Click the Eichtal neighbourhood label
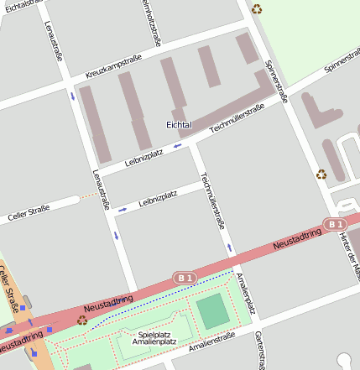pyautogui.click(x=179, y=125)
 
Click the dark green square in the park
pyautogui.click(x=212, y=311)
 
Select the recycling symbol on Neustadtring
pyautogui.click(x=82, y=320)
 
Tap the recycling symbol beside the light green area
pyautogui.click(x=257, y=9)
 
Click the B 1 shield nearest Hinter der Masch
pyautogui.click(x=335, y=224)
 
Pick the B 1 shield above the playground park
pyautogui.click(x=184, y=277)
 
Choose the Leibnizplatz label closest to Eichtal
pyautogui.click(x=145, y=155)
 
